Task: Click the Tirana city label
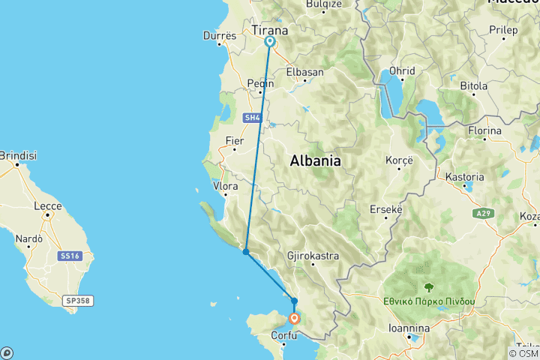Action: tap(269, 31)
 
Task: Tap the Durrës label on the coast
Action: tap(220, 35)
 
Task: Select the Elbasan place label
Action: tap(304, 72)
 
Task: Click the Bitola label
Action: tap(473, 86)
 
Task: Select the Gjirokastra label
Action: tap(313, 256)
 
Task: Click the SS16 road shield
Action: tap(69, 256)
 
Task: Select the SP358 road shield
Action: tap(77, 301)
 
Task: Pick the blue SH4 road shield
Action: tap(252, 118)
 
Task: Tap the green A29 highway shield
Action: tap(484, 214)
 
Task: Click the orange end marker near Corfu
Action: tap(295, 319)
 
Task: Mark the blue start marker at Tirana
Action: tap(268, 42)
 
